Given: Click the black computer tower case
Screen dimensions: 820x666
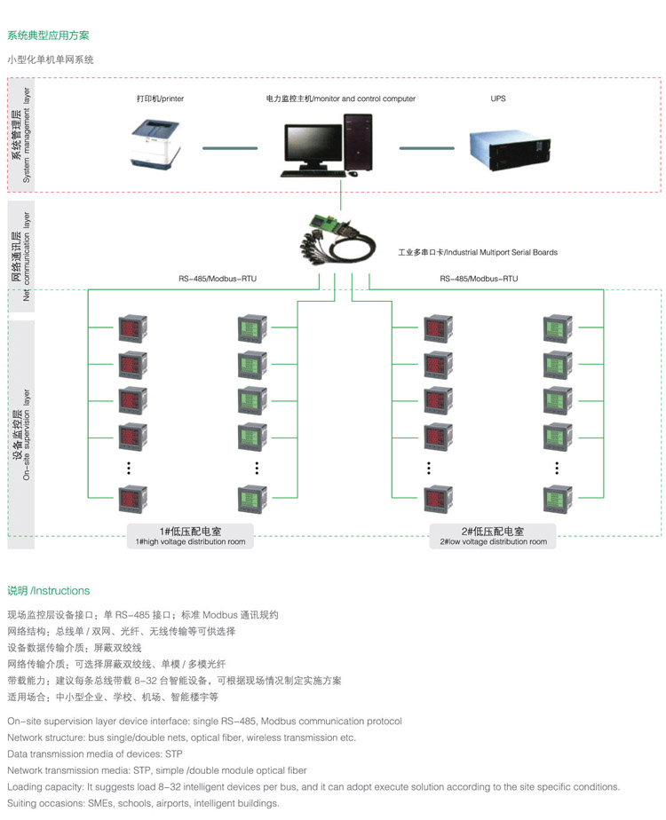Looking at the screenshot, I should pyautogui.click(x=359, y=143).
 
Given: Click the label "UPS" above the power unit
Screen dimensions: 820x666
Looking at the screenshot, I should pyautogui.click(x=498, y=99).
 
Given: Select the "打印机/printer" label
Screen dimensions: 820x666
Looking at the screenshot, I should pyautogui.click(x=160, y=99).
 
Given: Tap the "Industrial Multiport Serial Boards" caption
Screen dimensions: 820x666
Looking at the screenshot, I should pyautogui.click(x=478, y=253).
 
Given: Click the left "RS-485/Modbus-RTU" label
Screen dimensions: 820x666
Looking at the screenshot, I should pyautogui.click(x=218, y=279).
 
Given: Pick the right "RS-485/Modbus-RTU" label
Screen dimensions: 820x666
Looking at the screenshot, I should pyautogui.click(x=479, y=279).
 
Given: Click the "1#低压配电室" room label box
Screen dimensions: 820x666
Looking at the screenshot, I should pyautogui.click(x=190, y=535).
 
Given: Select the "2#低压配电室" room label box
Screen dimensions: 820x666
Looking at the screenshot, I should pyautogui.click(x=494, y=535).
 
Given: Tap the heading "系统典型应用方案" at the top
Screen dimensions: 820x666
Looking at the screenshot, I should pyautogui.click(x=48, y=36).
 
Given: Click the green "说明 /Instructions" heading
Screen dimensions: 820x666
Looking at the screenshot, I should pyautogui.click(x=49, y=590).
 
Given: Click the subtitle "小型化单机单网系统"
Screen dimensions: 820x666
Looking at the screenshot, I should pyautogui.click(x=51, y=59).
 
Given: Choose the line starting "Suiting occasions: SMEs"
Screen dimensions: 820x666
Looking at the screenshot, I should pyautogui.click(x=143, y=803).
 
